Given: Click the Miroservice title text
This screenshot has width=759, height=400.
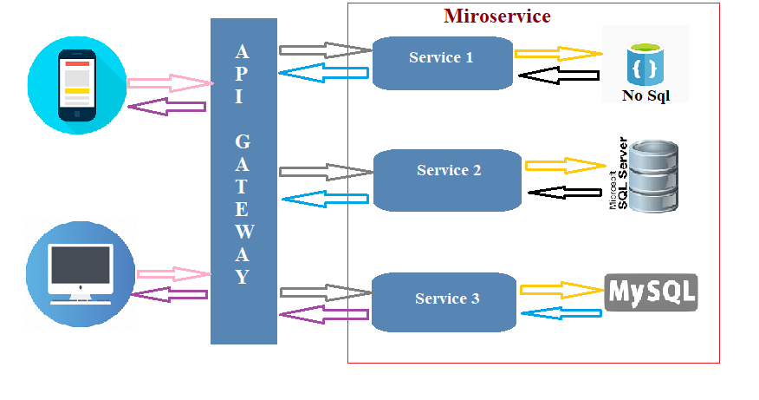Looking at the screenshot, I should click(496, 16).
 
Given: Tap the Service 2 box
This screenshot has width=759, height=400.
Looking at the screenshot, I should click(448, 179).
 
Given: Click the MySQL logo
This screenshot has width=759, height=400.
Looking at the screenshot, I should click(650, 292).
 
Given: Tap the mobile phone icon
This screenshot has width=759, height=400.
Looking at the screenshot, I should click(76, 85).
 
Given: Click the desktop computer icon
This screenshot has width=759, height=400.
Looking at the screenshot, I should click(80, 272).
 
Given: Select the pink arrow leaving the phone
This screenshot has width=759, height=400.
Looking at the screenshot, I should click(170, 84).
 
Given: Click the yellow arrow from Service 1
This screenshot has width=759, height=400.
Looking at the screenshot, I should click(556, 54).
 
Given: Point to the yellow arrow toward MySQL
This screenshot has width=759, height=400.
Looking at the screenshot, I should click(560, 289).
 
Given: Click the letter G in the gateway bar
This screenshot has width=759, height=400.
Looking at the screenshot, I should click(243, 141).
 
